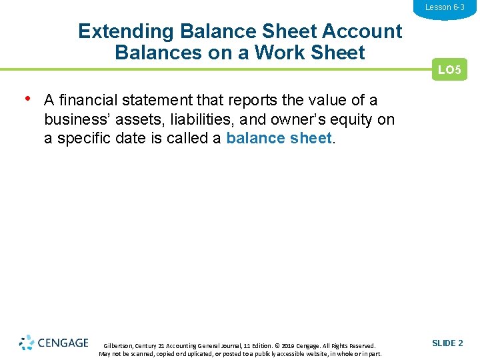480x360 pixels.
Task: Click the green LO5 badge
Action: tap(450, 69)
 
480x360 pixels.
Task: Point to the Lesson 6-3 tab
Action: tap(445, 7)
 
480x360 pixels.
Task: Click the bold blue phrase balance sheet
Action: tap(279, 139)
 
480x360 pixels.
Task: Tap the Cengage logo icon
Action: tap(27, 343)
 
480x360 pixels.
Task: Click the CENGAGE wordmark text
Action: tap(63, 343)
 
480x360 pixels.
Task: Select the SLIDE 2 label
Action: tap(447, 343)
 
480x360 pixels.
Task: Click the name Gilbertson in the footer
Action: tap(119, 346)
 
